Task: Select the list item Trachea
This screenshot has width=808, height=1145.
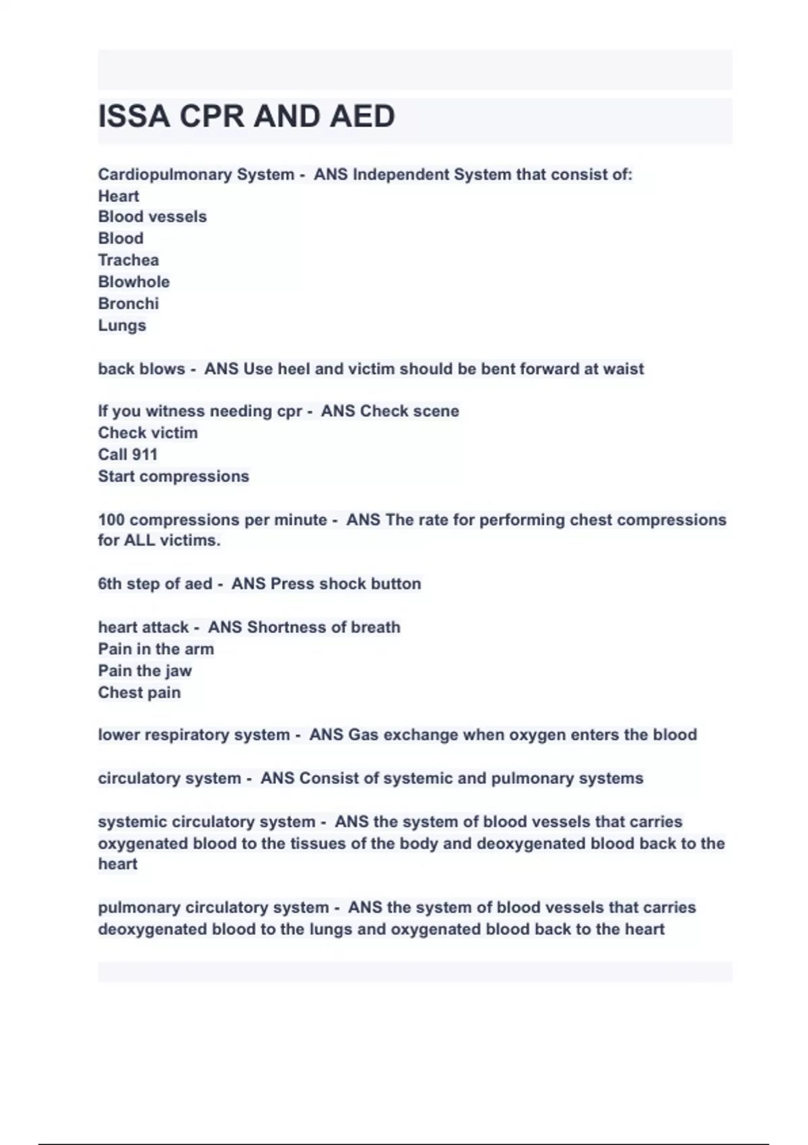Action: coord(129,260)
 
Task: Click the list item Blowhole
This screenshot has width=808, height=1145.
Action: coord(134,282)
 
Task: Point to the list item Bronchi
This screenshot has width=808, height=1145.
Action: coord(129,303)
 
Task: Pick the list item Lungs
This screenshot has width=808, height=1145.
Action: coord(122,325)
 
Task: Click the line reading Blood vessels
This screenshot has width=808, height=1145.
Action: coord(152,217)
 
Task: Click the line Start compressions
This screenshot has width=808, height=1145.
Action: coord(174,476)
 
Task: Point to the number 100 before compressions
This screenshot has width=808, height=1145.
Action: coord(111,520)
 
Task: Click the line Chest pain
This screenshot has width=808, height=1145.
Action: coord(139,692)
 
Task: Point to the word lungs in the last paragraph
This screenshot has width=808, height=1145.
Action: coord(332,929)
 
